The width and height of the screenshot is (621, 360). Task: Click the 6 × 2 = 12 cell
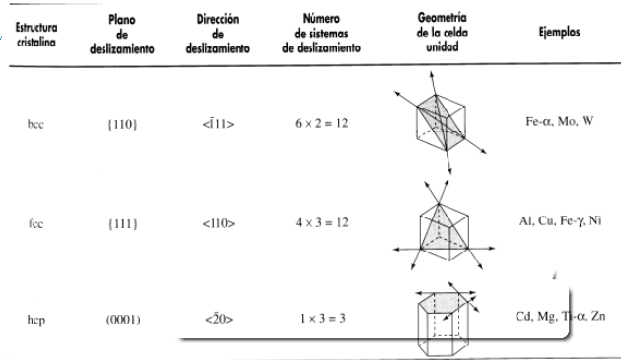click(326, 125)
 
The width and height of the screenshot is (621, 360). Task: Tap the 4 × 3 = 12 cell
click(326, 223)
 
